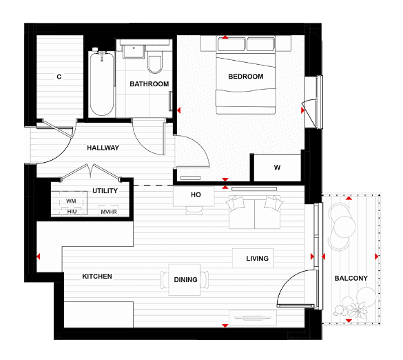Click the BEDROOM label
(x=246, y=77)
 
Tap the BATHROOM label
(x=149, y=84)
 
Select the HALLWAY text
(x=103, y=148)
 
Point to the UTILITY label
(x=105, y=191)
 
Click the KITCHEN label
(x=97, y=277)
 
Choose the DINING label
(x=186, y=280)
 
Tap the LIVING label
(x=258, y=259)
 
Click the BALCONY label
(x=351, y=279)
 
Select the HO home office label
(x=196, y=195)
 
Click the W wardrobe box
(x=277, y=168)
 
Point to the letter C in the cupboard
(x=59, y=77)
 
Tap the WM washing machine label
(x=71, y=201)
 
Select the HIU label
(x=72, y=212)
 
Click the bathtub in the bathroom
(x=101, y=83)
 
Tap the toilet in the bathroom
(x=154, y=63)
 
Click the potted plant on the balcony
(x=359, y=303)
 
